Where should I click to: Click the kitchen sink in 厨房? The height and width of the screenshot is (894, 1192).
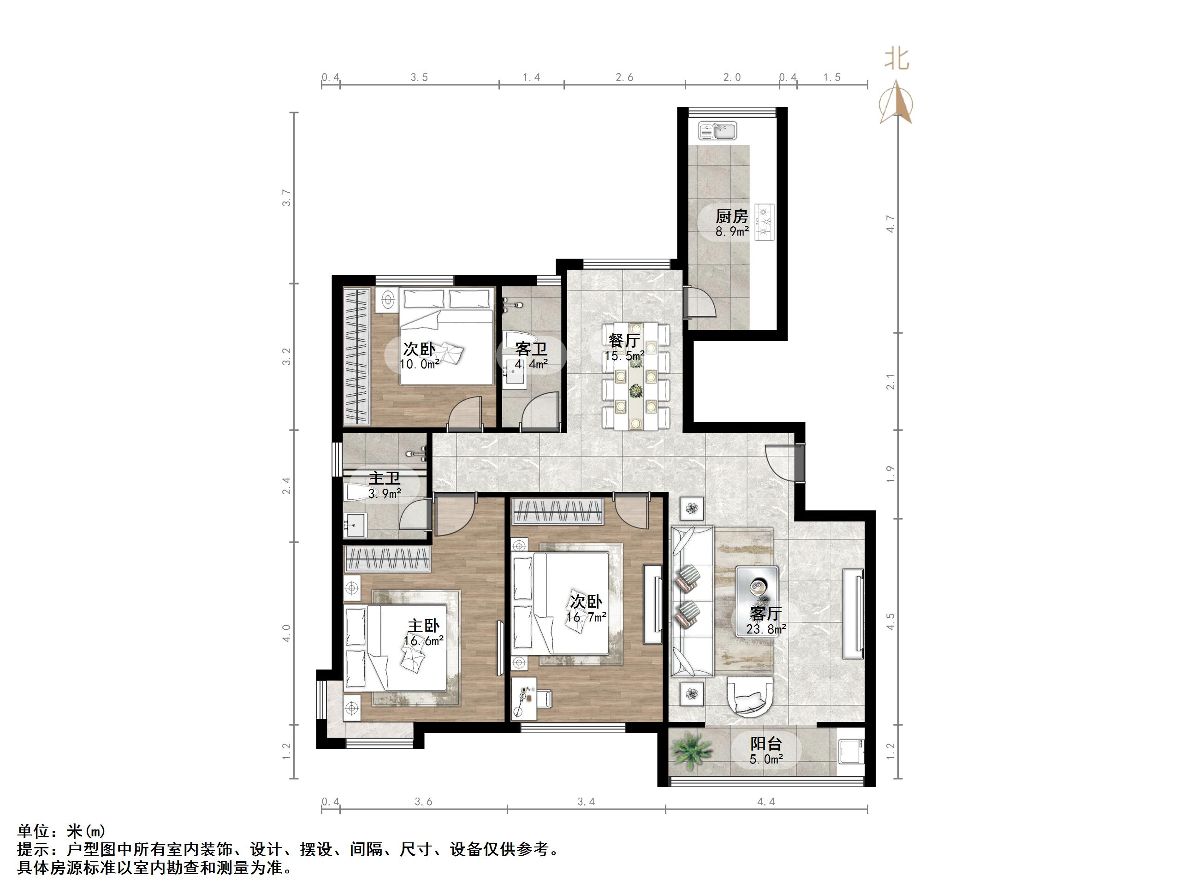click(x=717, y=131)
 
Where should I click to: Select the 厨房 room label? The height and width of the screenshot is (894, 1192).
click(x=731, y=217)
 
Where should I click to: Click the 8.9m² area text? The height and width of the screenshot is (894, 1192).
click(x=732, y=232)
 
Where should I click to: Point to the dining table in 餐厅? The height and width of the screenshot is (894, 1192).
click(x=636, y=376)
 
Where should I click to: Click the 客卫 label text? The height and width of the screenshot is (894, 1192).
click(x=531, y=349)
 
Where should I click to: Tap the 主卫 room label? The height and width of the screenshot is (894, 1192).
click(x=384, y=478)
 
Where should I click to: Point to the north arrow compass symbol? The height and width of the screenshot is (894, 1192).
click(x=895, y=102)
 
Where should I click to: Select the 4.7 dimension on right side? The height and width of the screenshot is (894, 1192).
click(x=891, y=224)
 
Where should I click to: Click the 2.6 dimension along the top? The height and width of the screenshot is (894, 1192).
click(x=624, y=77)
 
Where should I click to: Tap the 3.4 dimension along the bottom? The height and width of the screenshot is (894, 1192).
click(x=586, y=802)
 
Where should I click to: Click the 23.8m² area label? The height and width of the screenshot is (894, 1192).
click(x=766, y=629)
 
